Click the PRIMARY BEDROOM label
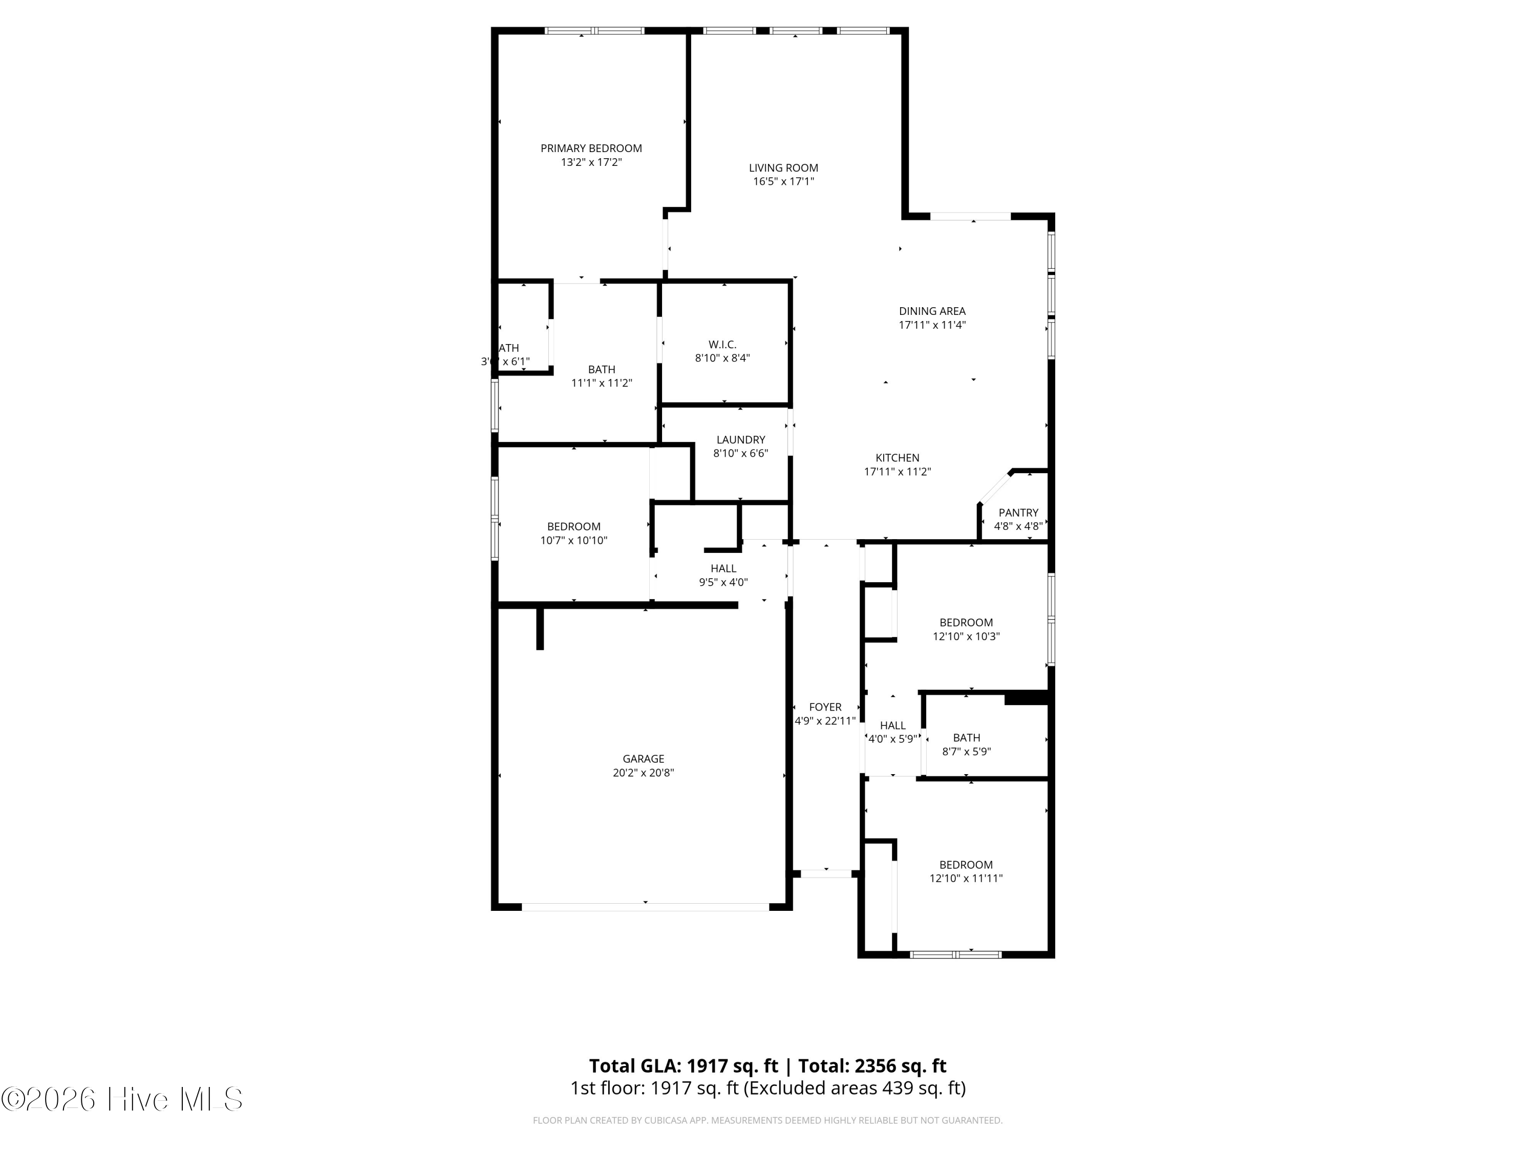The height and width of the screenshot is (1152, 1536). tap(591, 148)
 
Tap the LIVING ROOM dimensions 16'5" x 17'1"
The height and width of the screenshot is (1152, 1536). tap(783, 182)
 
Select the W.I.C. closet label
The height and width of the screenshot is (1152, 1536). tap(722, 345)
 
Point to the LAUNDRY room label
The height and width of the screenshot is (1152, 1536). tap(740, 439)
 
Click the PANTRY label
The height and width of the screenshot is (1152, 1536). tap(1018, 513)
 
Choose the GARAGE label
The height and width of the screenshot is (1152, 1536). tap(643, 759)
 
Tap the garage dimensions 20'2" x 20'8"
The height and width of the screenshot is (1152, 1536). tap(643, 773)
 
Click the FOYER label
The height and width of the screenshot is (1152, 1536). tap(825, 707)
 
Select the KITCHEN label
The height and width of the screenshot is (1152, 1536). tap(897, 458)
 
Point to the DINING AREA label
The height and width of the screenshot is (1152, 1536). tap(932, 311)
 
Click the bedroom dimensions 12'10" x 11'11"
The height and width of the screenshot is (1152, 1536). tap(966, 879)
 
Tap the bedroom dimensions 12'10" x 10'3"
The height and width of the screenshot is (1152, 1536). tap(966, 636)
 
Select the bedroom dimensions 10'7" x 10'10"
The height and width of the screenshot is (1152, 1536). tap(573, 540)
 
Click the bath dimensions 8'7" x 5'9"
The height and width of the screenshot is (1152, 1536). tap(966, 751)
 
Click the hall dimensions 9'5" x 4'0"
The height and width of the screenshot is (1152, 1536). tap(723, 583)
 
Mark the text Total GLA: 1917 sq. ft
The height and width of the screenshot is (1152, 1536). tap(684, 1066)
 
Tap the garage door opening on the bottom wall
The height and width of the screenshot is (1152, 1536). tap(645, 907)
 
